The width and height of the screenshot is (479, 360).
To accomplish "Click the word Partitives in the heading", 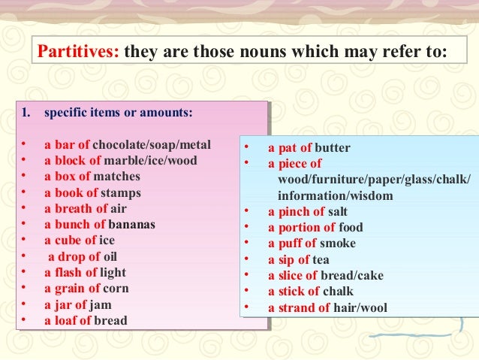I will (x=79, y=53).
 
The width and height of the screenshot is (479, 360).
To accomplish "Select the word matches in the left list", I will (x=117, y=177).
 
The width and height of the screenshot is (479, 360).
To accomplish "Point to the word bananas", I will (x=132, y=225).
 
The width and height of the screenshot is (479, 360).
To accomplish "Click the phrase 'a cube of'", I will (x=70, y=241).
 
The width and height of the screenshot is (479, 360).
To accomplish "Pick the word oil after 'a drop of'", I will (x=110, y=256).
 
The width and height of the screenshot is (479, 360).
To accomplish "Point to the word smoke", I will (x=338, y=244).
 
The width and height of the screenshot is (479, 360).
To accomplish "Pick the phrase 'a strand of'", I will (x=299, y=307).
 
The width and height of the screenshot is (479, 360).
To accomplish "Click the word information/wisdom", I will (x=325, y=195).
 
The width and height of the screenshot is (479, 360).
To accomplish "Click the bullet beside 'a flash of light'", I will (x=24, y=272).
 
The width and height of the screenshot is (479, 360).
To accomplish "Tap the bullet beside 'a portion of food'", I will (x=246, y=228).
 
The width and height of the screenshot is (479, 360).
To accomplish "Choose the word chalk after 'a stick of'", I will (x=337, y=292).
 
